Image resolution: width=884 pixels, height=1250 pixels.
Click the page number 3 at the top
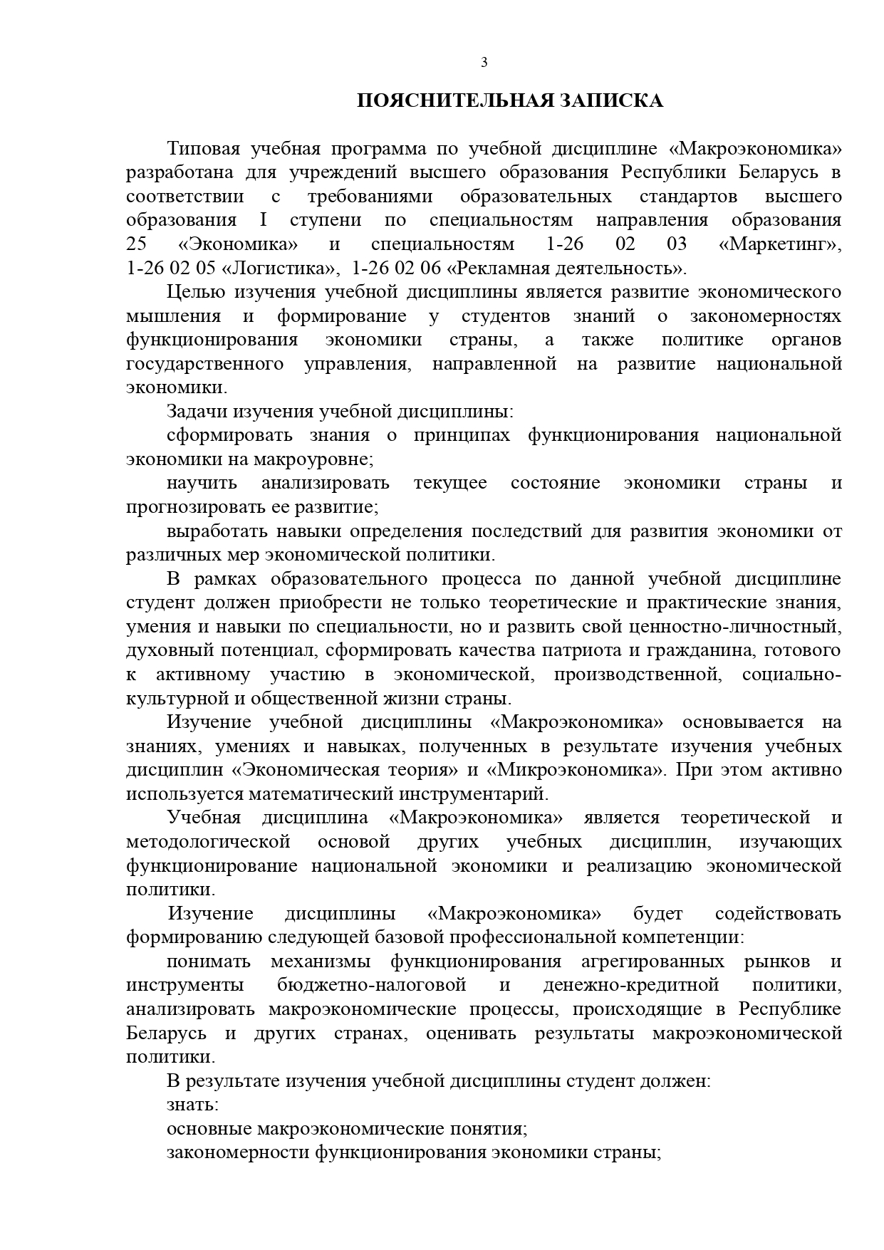pos(484,63)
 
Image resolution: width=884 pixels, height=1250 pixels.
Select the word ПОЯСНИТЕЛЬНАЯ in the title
pos(454,101)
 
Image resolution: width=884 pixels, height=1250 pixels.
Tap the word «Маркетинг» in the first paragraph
pos(780,244)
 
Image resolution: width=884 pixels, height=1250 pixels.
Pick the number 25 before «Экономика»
pos(136,244)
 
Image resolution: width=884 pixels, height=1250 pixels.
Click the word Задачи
pos(197,412)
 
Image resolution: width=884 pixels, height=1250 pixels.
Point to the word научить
pos(202,483)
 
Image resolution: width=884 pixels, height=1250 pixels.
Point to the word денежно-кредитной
pos(630,985)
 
